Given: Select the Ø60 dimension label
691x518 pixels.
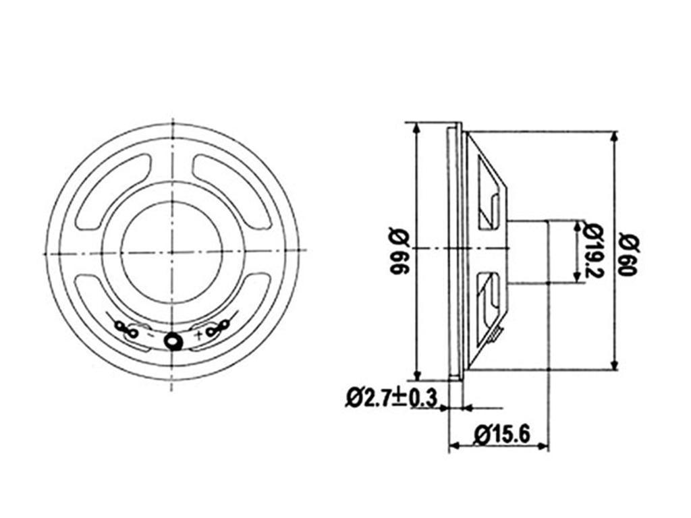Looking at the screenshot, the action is pyautogui.click(x=628, y=256).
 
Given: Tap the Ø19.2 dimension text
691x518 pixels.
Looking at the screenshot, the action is pyautogui.click(x=593, y=251).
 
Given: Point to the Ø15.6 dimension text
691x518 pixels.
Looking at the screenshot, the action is pyautogui.click(x=501, y=435).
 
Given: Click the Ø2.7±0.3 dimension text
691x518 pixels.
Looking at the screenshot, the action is pyautogui.click(x=391, y=398).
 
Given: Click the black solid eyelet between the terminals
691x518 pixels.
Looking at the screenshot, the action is pyautogui.click(x=173, y=341).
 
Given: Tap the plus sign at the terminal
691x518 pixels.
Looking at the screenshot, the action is pyautogui.click(x=199, y=335).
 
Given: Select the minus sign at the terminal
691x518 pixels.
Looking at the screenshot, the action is pyautogui.click(x=150, y=335).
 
